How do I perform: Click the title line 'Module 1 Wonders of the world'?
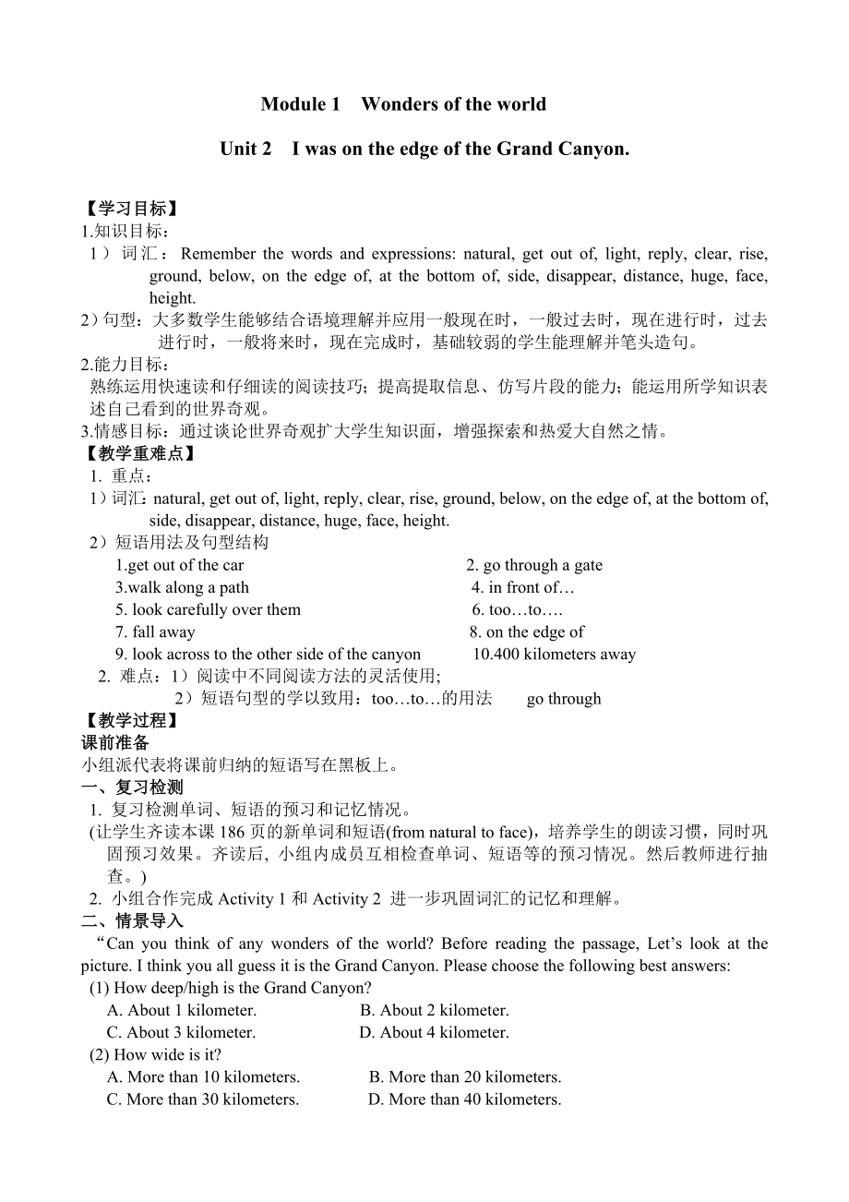coord(403,104)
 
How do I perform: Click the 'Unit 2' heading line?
coord(424,149)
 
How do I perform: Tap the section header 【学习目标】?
coord(130,209)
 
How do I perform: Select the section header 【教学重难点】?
coord(138,453)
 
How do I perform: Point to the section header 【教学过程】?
coord(130,720)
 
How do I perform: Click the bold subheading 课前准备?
coord(115,742)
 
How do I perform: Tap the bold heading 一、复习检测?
coord(132,787)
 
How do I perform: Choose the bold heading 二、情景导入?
coord(132,920)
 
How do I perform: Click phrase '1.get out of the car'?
coord(180,565)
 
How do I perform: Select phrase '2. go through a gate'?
coord(534,565)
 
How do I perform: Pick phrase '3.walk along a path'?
coord(182,587)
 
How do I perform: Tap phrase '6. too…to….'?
coord(518,609)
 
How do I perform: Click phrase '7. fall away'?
coord(155,631)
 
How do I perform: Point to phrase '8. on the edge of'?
coord(527,631)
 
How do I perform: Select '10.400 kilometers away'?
coord(555,654)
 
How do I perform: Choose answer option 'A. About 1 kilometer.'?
coord(182,1010)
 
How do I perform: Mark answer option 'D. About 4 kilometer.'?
coord(434,1032)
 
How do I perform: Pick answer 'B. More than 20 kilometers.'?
coord(465,1076)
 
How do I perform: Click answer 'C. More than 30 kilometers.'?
coord(203,1099)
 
